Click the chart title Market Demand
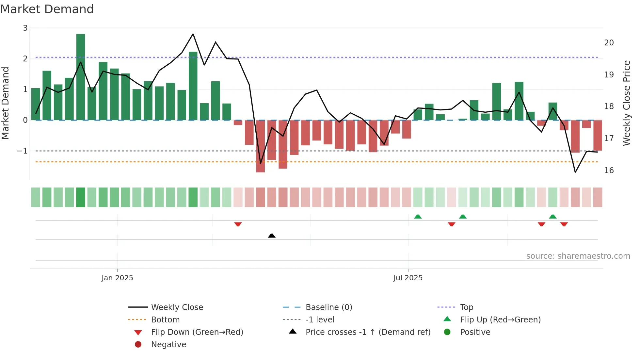click(47, 9)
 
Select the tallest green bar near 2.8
click(81, 77)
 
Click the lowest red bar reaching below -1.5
click(260, 146)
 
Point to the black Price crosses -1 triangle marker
click(272, 236)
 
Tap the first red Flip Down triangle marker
click(238, 224)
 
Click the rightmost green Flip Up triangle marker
click(552, 217)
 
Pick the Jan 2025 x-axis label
click(117, 278)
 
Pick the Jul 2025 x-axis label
click(408, 278)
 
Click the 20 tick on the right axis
click(609, 43)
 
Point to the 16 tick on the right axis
click(609, 171)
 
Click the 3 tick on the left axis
click(25, 28)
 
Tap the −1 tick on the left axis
click(23, 151)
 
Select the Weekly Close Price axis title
click(626, 103)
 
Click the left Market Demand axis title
click(5, 103)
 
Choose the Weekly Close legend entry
click(177, 307)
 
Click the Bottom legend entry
click(165, 320)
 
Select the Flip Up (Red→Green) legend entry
click(500, 320)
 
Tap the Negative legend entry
click(168, 345)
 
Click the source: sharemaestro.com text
click(578, 256)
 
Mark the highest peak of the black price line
click(193, 34)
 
